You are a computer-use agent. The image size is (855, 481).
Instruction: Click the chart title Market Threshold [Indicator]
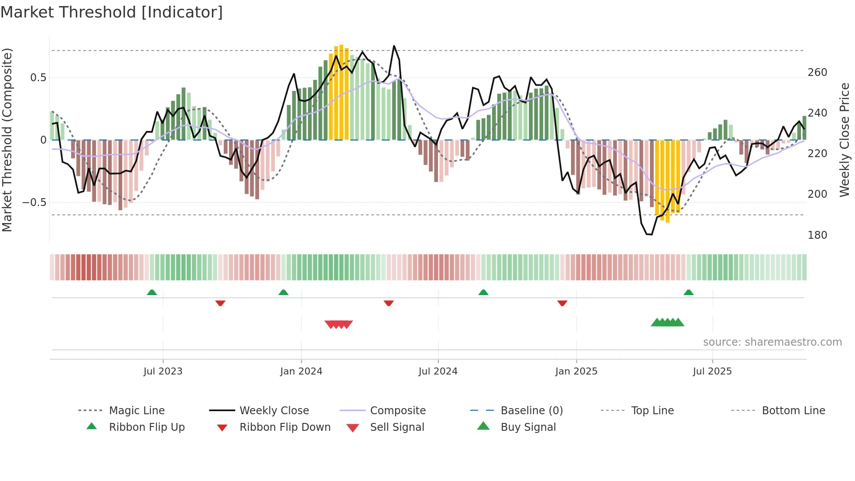tap(112, 12)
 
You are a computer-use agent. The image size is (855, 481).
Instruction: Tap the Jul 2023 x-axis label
tap(163, 371)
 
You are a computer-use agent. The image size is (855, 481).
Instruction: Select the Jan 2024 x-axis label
tap(301, 371)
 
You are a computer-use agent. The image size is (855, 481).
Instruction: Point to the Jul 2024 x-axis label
tap(438, 371)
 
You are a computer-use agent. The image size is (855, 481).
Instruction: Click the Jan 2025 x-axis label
tap(576, 371)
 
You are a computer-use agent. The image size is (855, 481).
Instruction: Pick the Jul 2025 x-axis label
tap(712, 371)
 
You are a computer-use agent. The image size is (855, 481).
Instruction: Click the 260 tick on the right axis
tap(817, 72)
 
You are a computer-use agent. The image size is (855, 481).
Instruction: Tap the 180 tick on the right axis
tap(817, 235)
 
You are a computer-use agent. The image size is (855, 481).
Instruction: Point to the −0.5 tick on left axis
tap(34, 203)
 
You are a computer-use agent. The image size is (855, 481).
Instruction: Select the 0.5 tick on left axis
tap(38, 78)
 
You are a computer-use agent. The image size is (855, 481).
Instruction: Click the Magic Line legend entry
tap(137, 411)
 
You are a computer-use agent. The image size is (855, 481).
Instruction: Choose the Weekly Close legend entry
tap(274, 411)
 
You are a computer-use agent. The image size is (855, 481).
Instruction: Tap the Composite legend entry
tap(397, 411)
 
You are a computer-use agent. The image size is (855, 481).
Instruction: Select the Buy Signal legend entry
tap(528, 427)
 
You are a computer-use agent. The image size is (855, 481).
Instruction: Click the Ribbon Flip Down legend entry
tap(284, 427)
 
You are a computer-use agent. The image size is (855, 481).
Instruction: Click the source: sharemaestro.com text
tap(772, 342)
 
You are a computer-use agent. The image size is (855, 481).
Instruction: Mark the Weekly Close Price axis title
tap(845, 140)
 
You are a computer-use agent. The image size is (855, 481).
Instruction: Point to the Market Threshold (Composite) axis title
tap(7, 140)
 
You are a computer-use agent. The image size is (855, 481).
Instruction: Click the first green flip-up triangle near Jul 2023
tap(152, 292)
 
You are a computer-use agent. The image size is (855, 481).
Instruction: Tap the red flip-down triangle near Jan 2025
tap(562, 303)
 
